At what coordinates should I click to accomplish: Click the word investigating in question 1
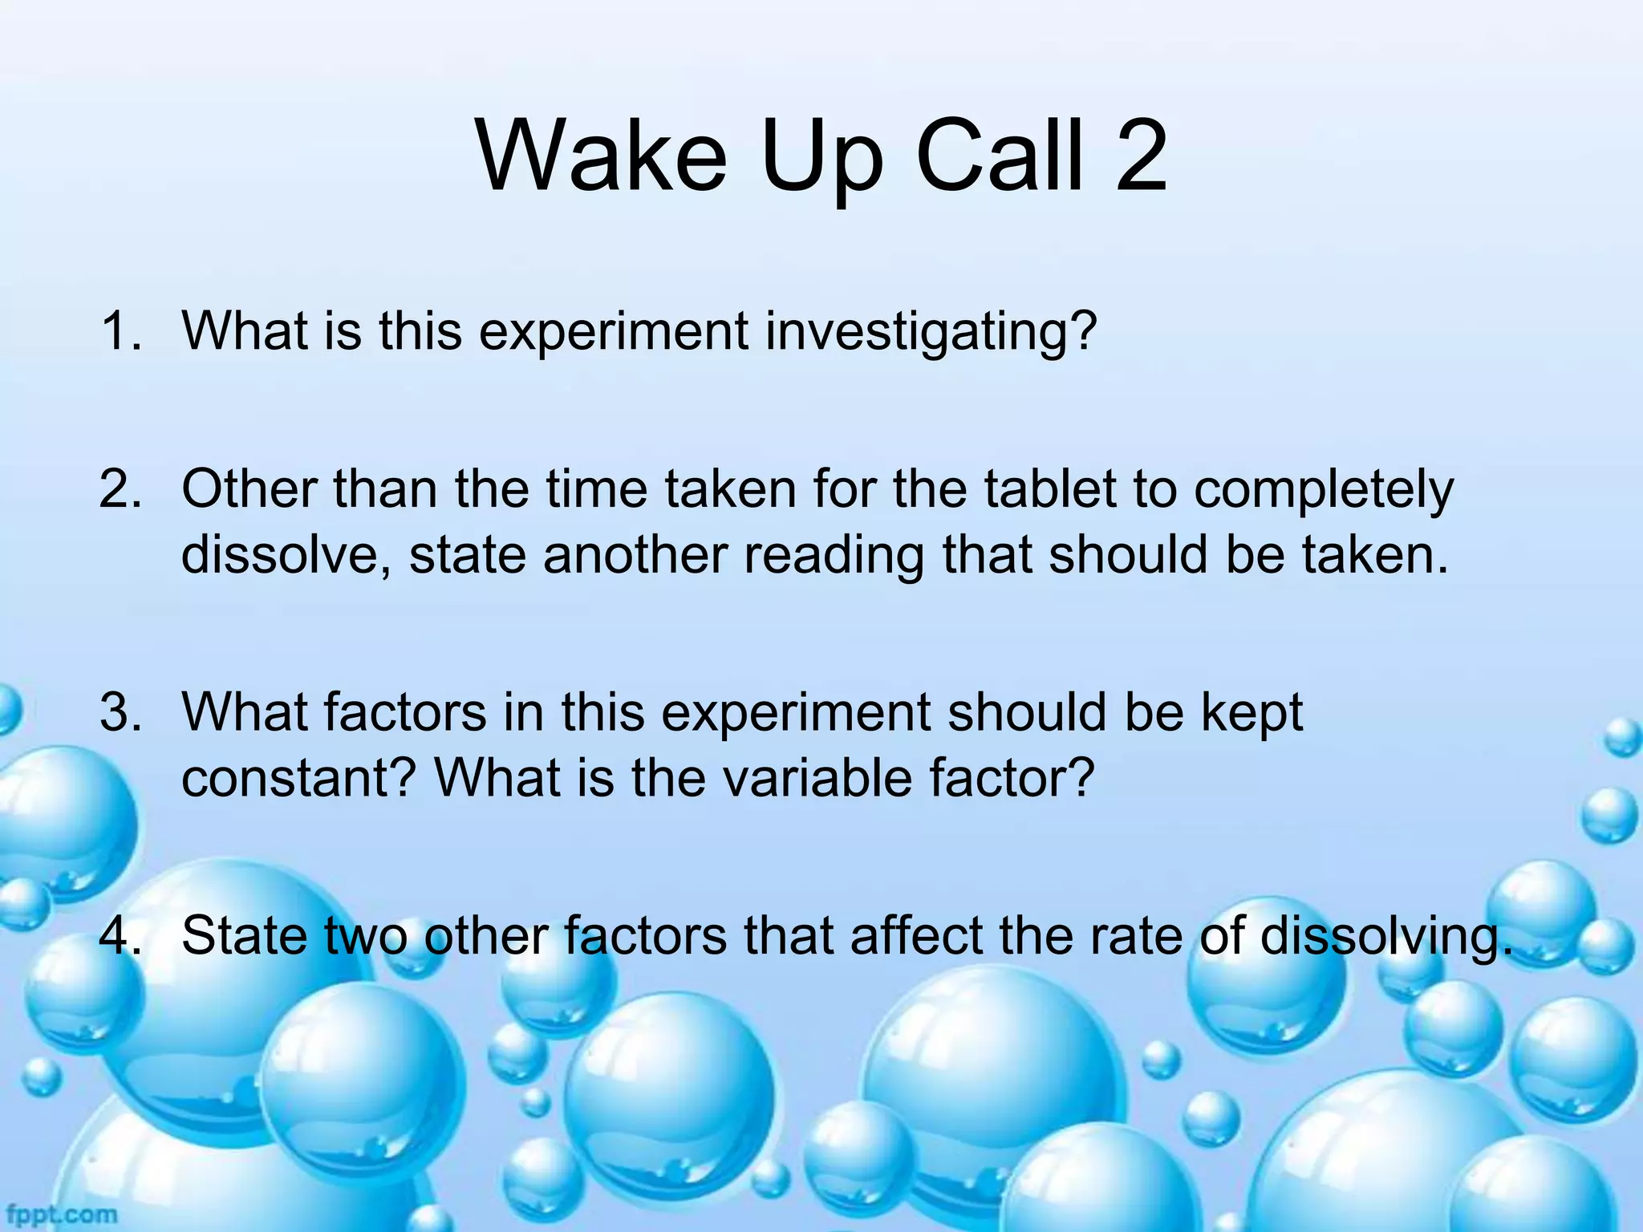point(931,332)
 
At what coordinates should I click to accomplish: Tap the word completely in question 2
point(1324,491)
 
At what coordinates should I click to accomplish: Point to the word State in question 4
point(245,935)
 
